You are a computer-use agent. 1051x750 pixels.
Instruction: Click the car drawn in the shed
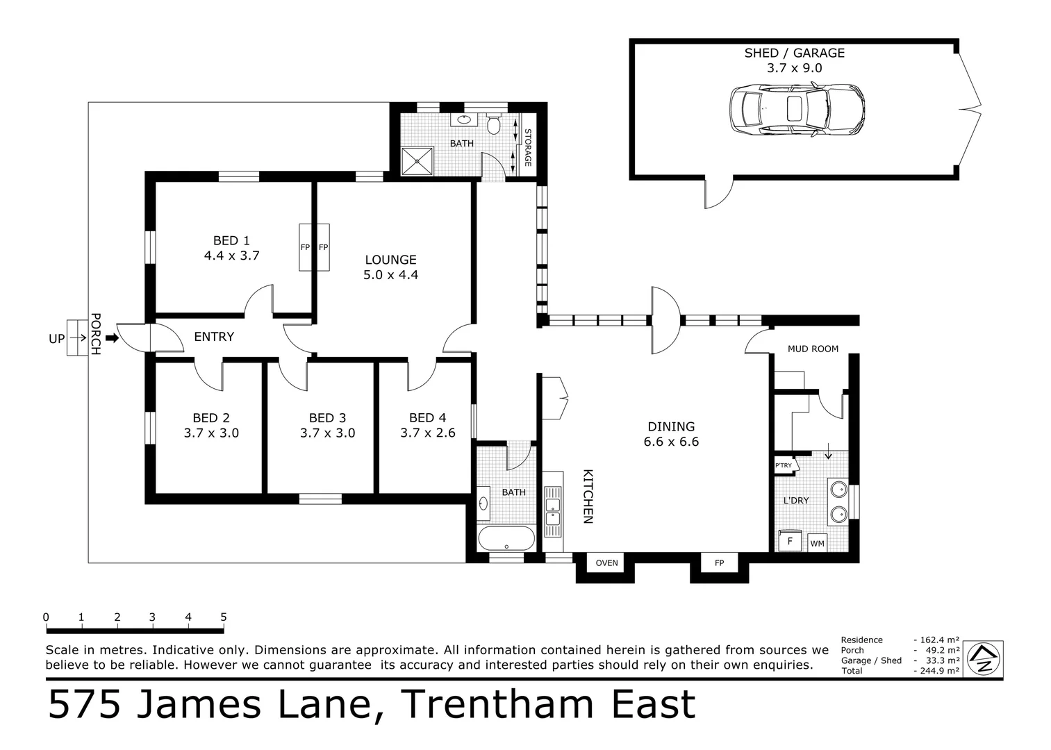point(797,110)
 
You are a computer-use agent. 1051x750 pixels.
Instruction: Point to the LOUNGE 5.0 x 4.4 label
point(390,267)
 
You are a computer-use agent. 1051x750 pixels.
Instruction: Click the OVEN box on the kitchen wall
point(606,562)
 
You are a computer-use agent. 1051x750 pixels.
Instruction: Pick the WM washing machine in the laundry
point(817,543)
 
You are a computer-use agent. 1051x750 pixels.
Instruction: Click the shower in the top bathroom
point(417,161)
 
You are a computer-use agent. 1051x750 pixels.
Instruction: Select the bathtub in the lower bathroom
point(506,537)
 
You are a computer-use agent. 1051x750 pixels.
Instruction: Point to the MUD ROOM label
point(813,349)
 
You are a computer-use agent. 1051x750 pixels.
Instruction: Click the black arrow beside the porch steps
point(112,339)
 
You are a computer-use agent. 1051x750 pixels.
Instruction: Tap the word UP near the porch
point(57,339)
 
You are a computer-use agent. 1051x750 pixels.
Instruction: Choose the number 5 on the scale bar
point(223,617)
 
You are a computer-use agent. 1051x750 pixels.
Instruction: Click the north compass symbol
point(984,656)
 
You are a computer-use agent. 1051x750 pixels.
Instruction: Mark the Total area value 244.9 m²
point(939,671)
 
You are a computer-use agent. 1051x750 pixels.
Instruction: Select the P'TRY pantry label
point(784,465)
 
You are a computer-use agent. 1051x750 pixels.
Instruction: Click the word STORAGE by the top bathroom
point(527,147)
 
